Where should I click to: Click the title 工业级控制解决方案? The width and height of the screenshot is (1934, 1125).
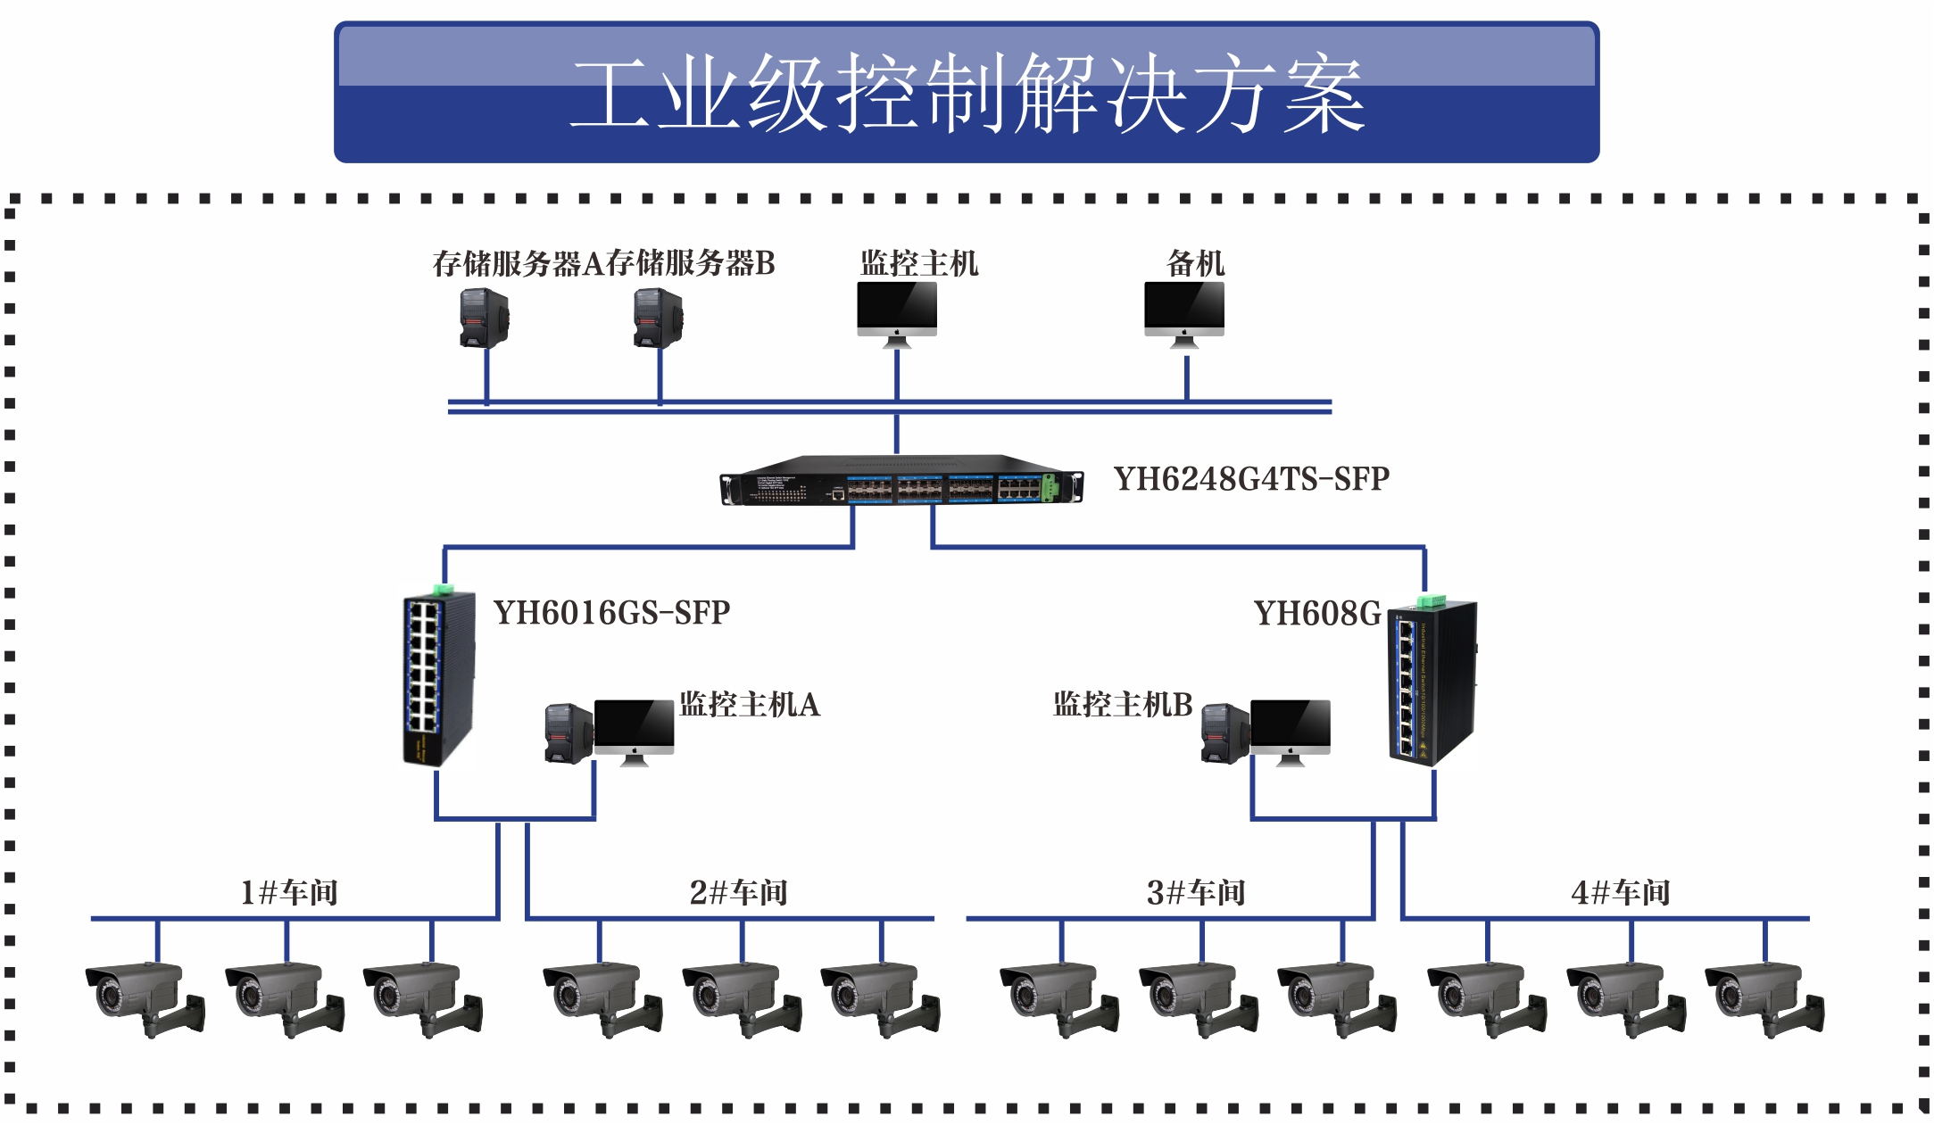[967, 93]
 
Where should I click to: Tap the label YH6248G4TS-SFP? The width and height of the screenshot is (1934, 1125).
[1251, 479]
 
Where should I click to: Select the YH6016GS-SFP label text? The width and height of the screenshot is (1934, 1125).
[611, 613]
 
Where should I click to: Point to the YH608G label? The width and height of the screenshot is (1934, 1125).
[1316, 614]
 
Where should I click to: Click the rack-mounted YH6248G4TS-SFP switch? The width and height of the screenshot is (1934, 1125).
[901, 482]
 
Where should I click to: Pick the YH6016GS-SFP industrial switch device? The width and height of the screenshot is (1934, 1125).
[437, 678]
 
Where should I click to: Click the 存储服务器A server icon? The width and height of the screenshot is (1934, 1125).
[484, 317]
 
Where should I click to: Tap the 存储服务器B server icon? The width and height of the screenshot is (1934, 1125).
[658, 317]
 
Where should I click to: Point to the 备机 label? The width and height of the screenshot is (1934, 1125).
[1195, 263]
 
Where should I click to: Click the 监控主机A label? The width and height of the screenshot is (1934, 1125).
[749, 705]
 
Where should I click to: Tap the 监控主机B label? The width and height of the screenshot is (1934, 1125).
[1122, 705]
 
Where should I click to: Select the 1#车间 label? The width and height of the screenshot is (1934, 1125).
[289, 892]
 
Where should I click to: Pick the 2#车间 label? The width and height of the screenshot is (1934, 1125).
[738, 892]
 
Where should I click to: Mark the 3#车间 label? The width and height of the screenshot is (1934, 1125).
[1196, 892]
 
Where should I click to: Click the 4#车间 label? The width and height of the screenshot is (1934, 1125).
[1620, 892]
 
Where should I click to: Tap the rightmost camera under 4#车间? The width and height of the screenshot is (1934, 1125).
[1763, 997]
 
